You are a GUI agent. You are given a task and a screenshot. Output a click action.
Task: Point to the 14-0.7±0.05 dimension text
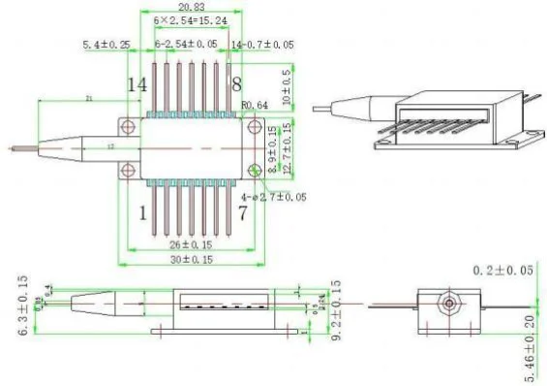[262, 45]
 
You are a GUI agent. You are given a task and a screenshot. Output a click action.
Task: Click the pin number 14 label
[137, 85]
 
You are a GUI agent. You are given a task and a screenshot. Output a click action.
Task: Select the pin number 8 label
[235, 85]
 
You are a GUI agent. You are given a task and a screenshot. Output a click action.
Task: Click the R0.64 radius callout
[255, 110]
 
